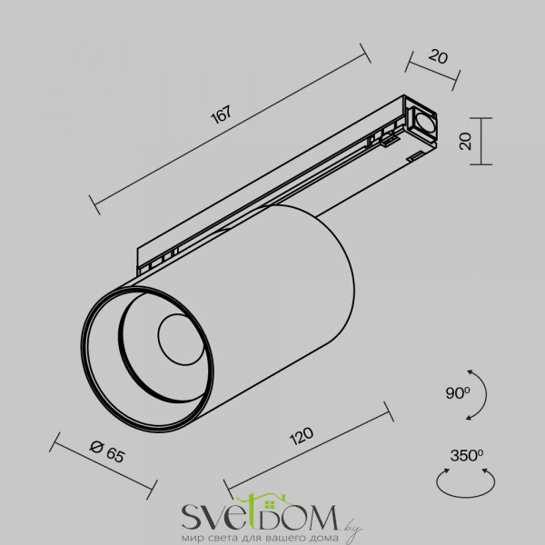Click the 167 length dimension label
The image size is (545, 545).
pos(221,114)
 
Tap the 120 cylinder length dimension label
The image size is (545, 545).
pos(302,436)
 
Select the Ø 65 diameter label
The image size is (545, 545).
pos(107,451)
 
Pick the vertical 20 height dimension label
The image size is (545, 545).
pos(465,141)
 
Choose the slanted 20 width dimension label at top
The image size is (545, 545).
pos(438,56)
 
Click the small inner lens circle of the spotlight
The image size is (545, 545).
pos(181,340)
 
